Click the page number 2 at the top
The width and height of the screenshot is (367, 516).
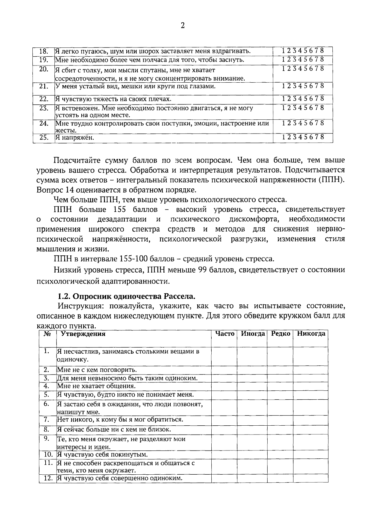[183, 26]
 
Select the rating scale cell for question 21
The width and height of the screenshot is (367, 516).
[302, 86]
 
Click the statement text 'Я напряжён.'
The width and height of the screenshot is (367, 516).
[75, 138]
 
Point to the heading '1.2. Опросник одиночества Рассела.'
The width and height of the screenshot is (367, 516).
[126, 296]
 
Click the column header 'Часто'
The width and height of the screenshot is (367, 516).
[224, 334]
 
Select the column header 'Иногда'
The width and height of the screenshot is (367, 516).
[252, 334]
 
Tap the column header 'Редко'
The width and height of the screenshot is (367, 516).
[280, 334]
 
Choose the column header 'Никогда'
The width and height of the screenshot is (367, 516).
[311, 334]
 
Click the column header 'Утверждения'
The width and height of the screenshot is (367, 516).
[83, 334]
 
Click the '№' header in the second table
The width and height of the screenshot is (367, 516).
[47, 334]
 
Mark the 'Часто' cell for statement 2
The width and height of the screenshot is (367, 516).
[224, 370]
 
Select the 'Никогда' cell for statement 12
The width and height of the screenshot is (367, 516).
[310, 478]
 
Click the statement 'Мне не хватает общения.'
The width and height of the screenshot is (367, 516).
[96, 386]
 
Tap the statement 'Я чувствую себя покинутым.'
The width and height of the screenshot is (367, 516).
[102, 454]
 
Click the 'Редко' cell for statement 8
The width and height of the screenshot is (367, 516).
[280, 430]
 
